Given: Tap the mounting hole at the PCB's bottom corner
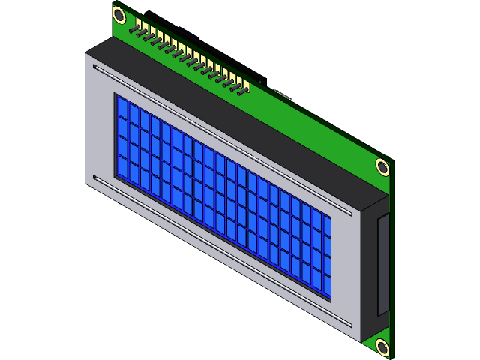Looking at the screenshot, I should [382, 347].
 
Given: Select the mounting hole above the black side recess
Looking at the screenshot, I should [383, 167].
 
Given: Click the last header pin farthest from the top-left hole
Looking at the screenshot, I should [242, 91].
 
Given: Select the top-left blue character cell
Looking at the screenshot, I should [121, 110].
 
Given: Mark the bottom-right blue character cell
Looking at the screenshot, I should [326, 285].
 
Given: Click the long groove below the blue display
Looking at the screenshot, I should [217, 248].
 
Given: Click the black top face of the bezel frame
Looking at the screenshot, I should [225, 112].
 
